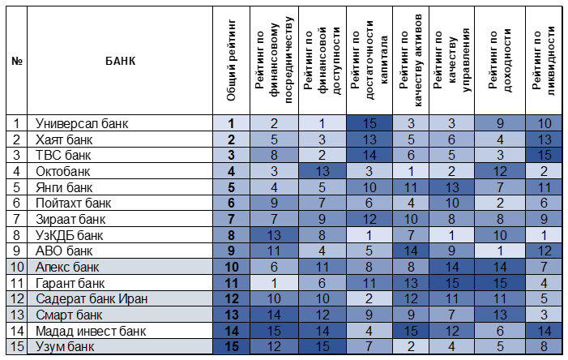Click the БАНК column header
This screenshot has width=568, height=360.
coord(120,61)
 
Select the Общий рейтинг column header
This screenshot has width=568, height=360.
coord(231,60)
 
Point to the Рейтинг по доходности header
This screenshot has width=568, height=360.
coord(500,60)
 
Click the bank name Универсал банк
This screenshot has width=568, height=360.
coord(82,123)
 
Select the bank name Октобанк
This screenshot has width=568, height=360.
coord(62,171)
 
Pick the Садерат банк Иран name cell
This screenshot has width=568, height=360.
coord(92,298)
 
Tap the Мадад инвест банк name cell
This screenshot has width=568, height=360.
coord(91,331)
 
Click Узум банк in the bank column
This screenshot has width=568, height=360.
coord(65,346)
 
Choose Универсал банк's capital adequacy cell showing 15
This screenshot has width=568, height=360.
coord(369,123)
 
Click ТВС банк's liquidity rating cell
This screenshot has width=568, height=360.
coord(544,155)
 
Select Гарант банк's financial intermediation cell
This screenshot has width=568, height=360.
coord(274,283)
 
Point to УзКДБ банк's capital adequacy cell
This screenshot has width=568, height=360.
coord(369,235)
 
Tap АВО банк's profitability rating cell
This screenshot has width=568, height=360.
coord(500,251)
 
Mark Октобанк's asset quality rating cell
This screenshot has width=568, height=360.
coord(411,171)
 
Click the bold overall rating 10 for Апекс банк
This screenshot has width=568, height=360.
coord(231,267)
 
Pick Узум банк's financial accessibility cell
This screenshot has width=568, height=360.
coord(322,346)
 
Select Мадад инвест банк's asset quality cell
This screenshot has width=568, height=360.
coord(411,331)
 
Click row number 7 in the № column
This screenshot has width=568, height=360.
coord(16,219)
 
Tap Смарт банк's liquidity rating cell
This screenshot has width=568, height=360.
coord(544,315)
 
